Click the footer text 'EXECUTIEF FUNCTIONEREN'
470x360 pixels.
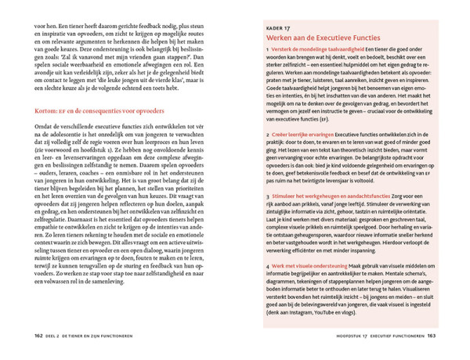click(385, 335)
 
